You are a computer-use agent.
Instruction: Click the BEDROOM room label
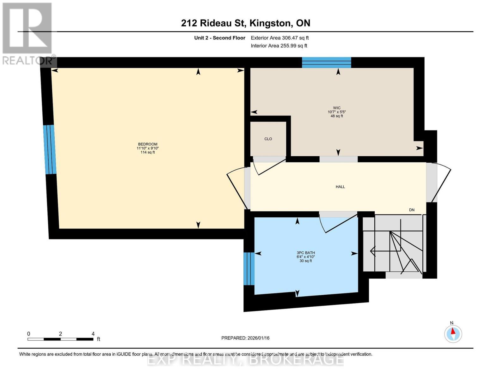(147, 144)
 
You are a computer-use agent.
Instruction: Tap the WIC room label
(337, 108)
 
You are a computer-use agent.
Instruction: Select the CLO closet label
(268, 139)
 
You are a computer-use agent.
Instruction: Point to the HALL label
(340, 187)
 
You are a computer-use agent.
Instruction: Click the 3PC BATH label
(305, 253)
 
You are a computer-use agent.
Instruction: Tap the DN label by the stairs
(412, 210)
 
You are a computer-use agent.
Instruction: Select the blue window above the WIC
(326, 63)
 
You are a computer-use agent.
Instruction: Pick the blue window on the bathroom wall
(249, 268)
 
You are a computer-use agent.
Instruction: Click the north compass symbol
(453, 334)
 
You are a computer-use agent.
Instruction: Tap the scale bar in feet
(60, 339)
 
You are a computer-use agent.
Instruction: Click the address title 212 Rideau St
(245, 23)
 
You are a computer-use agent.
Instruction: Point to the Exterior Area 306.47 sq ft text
(279, 38)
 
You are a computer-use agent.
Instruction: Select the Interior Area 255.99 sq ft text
(279, 46)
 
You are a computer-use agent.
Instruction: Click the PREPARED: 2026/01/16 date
(245, 338)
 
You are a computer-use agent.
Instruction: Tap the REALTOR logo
(28, 33)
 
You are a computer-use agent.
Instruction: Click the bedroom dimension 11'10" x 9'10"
(147, 148)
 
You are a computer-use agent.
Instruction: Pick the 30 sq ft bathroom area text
(305, 261)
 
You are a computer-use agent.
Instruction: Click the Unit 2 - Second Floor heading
(219, 38)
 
